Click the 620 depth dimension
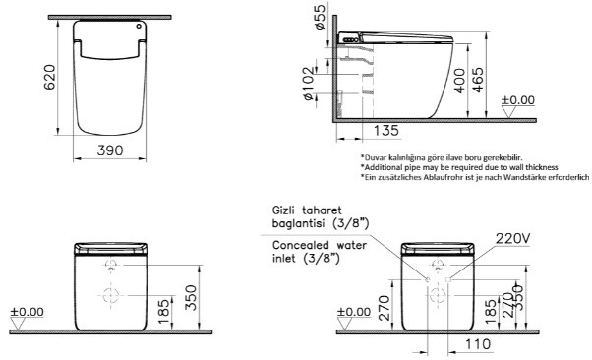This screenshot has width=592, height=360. [50, 77]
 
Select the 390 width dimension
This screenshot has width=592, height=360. [110, 150]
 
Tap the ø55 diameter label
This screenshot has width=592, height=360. [320, 17]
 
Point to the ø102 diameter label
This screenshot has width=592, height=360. [309, 84]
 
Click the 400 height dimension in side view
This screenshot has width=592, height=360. [459, 81]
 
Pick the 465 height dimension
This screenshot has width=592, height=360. [478, 80]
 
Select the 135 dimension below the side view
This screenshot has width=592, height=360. [386, 130]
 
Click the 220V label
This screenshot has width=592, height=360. [512, 238]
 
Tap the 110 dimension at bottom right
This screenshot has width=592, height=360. [478, 344]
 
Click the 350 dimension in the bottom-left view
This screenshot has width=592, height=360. [191, 298]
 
